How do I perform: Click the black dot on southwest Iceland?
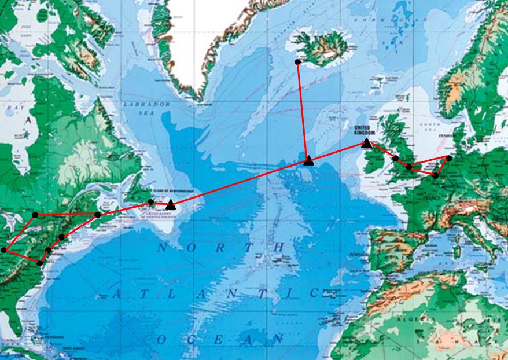point(297,62)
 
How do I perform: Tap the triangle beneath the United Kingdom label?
point(366,143)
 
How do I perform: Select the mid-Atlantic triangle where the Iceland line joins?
point(308,160)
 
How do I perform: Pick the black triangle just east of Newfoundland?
point(170,205)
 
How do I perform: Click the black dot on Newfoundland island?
point(150,202)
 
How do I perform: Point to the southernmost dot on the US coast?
point(39,263)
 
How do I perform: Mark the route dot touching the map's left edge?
point(4,250)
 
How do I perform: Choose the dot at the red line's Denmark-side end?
point(449,158)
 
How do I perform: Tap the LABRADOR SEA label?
point(146,109)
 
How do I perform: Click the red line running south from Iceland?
point(303,110)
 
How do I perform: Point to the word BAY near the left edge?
point(13,108)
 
